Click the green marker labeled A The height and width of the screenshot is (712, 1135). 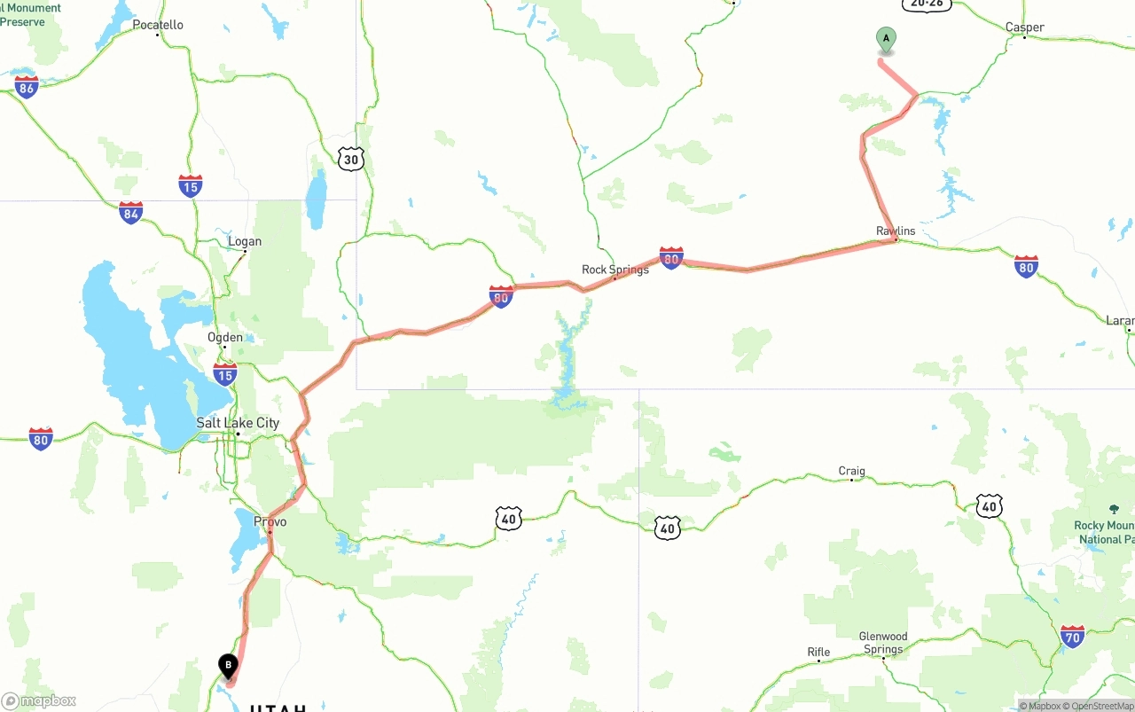(886, 39)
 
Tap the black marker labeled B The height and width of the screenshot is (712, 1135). (228, 665)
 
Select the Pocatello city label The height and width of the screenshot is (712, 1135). (158, 25)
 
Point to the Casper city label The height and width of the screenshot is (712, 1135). (1024, 27)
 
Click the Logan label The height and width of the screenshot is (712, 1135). (245, 241)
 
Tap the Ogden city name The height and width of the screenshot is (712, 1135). (225, 337)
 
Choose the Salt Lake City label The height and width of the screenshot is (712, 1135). (238, 423)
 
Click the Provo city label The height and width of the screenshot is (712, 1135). (270, 521)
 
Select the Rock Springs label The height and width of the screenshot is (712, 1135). (615, 270)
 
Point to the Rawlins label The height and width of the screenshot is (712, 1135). (896, 231)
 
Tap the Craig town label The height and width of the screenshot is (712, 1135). (851, 472)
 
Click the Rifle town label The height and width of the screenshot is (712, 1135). (818, 653)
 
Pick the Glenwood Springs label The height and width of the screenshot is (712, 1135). (883, 643)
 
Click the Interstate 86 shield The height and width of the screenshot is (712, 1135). (27, 86)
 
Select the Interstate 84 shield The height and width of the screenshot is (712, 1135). (131, 212)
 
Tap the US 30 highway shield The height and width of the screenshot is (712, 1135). (351, 160)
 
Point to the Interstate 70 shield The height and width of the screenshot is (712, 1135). (1072, 636)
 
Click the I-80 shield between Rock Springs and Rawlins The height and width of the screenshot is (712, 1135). (671, 258)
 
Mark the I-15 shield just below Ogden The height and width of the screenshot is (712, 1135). (225, 373)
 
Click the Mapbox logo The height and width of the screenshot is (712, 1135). (39, 701)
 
